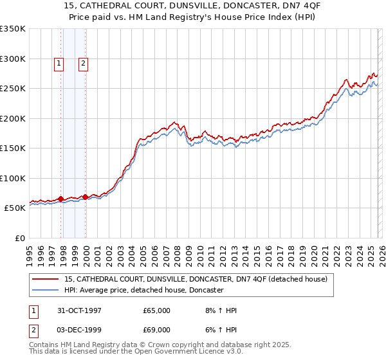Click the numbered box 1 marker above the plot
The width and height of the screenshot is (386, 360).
coord(59,63)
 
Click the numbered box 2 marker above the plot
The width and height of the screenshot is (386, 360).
coord(84,63)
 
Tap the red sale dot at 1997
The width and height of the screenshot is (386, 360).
coord(61,199)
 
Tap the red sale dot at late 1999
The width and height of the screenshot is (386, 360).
coord(86,197)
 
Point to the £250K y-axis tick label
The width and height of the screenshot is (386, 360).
coord(13,89)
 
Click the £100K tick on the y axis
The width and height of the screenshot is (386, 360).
coord(13,179)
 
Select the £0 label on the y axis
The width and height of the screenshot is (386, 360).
coord(21,239)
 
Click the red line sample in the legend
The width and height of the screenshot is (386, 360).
coord(46,280)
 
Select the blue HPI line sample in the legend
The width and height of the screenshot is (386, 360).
coord(46,291)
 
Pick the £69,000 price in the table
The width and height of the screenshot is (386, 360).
coord(157,331)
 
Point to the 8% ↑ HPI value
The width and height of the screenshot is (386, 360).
coord(222,310)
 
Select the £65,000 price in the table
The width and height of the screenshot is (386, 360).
coord(157,310)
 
